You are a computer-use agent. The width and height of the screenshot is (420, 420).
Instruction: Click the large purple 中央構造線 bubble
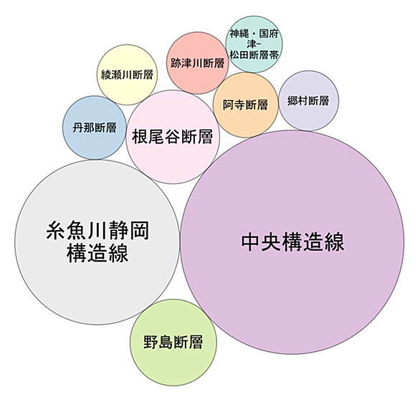point(292,242)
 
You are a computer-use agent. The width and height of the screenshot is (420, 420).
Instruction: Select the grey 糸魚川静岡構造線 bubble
point(97,242)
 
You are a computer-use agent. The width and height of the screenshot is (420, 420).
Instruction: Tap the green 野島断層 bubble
point(173,343)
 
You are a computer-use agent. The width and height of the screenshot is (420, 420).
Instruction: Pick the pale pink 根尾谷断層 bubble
point(173,137)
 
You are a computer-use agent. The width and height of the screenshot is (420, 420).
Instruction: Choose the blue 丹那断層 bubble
point(95,128)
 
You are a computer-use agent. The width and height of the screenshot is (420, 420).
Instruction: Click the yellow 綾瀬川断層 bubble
point(127,75)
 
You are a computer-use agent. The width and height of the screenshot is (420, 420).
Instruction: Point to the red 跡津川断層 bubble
point(197,63)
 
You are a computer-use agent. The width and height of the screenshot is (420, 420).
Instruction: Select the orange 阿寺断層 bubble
point(246,105)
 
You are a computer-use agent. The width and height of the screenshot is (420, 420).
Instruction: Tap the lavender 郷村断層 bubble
point(309,101)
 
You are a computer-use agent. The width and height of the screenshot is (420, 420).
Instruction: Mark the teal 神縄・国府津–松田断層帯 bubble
point(254,44)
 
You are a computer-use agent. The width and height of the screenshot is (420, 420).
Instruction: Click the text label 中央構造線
point(292,242)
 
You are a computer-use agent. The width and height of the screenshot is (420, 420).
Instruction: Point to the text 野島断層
point(173,342)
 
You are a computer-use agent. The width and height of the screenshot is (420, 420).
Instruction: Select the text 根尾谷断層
point(173,137)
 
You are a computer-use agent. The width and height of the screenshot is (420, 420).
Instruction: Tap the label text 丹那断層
point(95,128)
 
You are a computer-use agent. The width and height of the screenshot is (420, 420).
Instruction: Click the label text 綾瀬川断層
point(127,75)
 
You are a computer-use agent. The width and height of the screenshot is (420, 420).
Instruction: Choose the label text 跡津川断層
point(197,63)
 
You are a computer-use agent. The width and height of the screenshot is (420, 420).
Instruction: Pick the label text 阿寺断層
point(246,105)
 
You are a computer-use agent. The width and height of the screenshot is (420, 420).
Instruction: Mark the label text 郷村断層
point(308,101)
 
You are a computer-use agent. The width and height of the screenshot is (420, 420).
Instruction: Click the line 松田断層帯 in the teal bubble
point(254,55)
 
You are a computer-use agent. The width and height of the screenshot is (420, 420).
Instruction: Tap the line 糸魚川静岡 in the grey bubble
point(97,231)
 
